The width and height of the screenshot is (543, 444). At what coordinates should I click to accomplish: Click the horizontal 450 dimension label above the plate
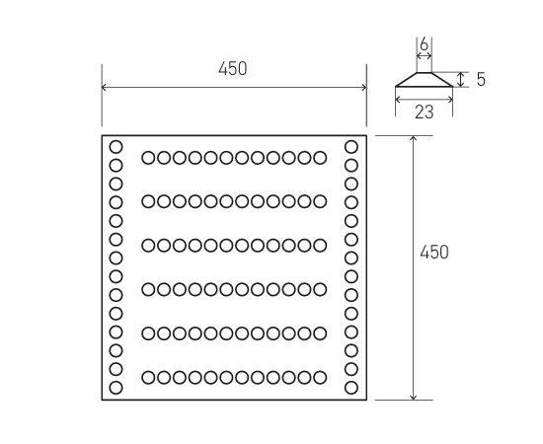tap(233, 68)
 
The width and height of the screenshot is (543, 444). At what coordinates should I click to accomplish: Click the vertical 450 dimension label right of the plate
tap(434, 252)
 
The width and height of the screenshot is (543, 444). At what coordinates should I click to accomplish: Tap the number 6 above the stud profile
tap(424, 44)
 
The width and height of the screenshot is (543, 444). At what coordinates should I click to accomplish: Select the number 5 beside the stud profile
tap(481, 80)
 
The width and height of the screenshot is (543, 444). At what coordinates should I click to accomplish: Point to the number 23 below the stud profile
tap(425, 112)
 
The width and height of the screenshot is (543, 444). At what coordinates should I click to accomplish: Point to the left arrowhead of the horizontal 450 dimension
tap(105, 87)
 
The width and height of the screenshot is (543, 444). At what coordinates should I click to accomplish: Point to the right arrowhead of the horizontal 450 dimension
tap(364, 87)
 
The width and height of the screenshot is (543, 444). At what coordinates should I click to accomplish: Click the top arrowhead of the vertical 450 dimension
tap(413, 138)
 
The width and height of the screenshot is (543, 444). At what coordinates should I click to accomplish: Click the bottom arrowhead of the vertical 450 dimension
tap(413, 398)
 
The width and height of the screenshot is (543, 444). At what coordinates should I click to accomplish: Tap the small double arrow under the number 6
tap(425, 55)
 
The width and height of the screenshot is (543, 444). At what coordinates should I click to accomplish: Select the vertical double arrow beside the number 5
tap(461, 80)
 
